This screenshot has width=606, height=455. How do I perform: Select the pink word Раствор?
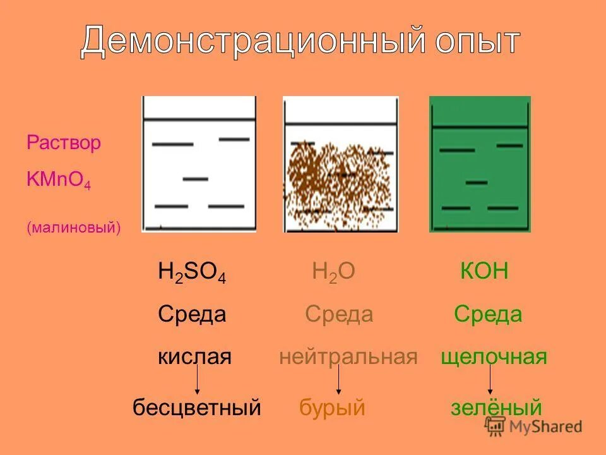(64, 143)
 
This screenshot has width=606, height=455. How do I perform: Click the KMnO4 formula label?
(59, 179)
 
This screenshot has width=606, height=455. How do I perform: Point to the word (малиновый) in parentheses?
(73, 227)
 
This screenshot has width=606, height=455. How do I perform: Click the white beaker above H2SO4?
(199, 164)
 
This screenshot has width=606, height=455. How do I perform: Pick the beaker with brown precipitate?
(341, 164)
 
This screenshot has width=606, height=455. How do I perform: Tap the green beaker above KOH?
(480, 164)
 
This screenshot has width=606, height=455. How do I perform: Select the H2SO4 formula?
(192, 273)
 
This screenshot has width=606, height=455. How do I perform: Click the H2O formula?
(333, 273)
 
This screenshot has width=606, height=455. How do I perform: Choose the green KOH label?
(484, 272)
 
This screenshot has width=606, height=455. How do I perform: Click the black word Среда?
(192, 314)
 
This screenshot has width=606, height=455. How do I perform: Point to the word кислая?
(194, 357)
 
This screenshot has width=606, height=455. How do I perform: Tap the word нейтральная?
(348, 357)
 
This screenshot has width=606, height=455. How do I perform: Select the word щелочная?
(494, 357)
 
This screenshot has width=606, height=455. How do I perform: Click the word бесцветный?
(196, 408)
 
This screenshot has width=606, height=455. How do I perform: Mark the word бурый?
(332, 408)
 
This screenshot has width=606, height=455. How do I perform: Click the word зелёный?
(496, 408)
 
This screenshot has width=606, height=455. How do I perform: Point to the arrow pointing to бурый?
(339, 380)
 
